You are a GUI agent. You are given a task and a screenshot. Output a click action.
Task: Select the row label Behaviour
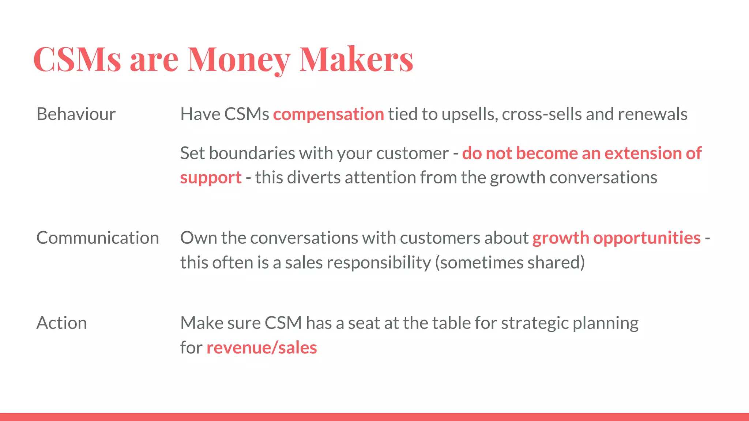(x=76, y=114)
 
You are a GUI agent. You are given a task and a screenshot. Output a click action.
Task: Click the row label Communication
(x=98, y=238)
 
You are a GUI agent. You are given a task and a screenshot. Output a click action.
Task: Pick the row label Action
(x=62, y=323)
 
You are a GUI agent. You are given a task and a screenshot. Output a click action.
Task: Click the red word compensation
(x=328, y=114)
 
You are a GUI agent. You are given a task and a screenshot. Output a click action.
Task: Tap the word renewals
(x=652, y=114)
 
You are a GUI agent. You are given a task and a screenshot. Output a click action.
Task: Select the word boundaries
(x=252, y=153)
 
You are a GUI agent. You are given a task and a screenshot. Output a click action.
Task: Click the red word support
(x=211, y=178)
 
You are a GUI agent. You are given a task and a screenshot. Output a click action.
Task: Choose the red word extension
(x=643, y=153)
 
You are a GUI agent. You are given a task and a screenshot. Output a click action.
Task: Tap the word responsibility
(x=379, y=263)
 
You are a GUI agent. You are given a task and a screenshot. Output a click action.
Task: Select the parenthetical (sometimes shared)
(x=510, y=263)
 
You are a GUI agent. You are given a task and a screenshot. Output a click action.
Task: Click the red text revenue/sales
(x=261, y=348)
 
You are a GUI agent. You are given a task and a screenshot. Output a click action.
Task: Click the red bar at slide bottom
(x=374, y=417)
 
